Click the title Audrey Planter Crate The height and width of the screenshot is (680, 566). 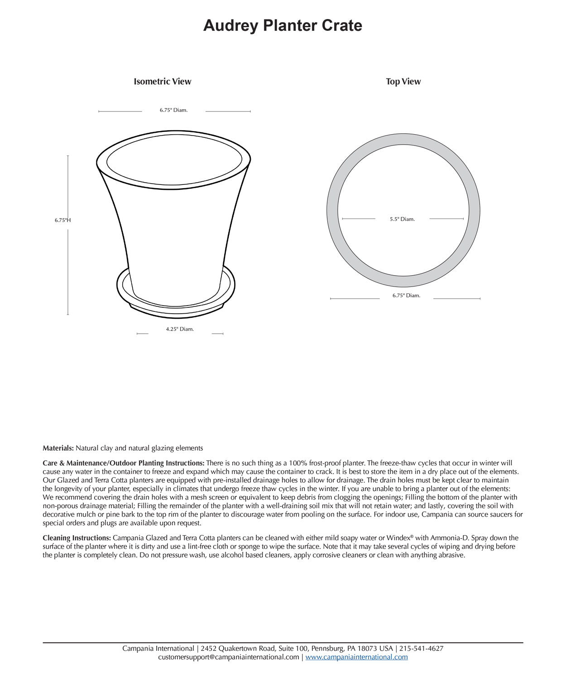click(x=283, y=25)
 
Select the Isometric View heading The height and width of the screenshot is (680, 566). click(x=162, y=82)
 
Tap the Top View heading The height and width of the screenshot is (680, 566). click(x=403, y=82)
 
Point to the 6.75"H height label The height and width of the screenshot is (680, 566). click(x=62, y=220)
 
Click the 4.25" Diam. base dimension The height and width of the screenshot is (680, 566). click(x=180, y=329)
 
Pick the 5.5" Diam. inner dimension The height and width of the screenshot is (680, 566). click(x=402, y=219)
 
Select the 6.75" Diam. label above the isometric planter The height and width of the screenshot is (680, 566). click(x=173, y=110)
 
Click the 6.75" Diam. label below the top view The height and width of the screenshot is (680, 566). click(x=406, y=296)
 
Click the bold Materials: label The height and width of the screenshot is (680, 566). click(x=58, y=448)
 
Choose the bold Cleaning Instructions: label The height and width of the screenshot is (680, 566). click(x=77, y=538)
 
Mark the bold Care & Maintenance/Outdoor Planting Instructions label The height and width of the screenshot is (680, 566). click(x=123, y=463)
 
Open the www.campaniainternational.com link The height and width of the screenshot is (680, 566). click(x=356, y=657)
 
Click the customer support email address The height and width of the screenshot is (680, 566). click(x=228, y=657)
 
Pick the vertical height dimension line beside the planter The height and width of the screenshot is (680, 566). click(x=68, y=272)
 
